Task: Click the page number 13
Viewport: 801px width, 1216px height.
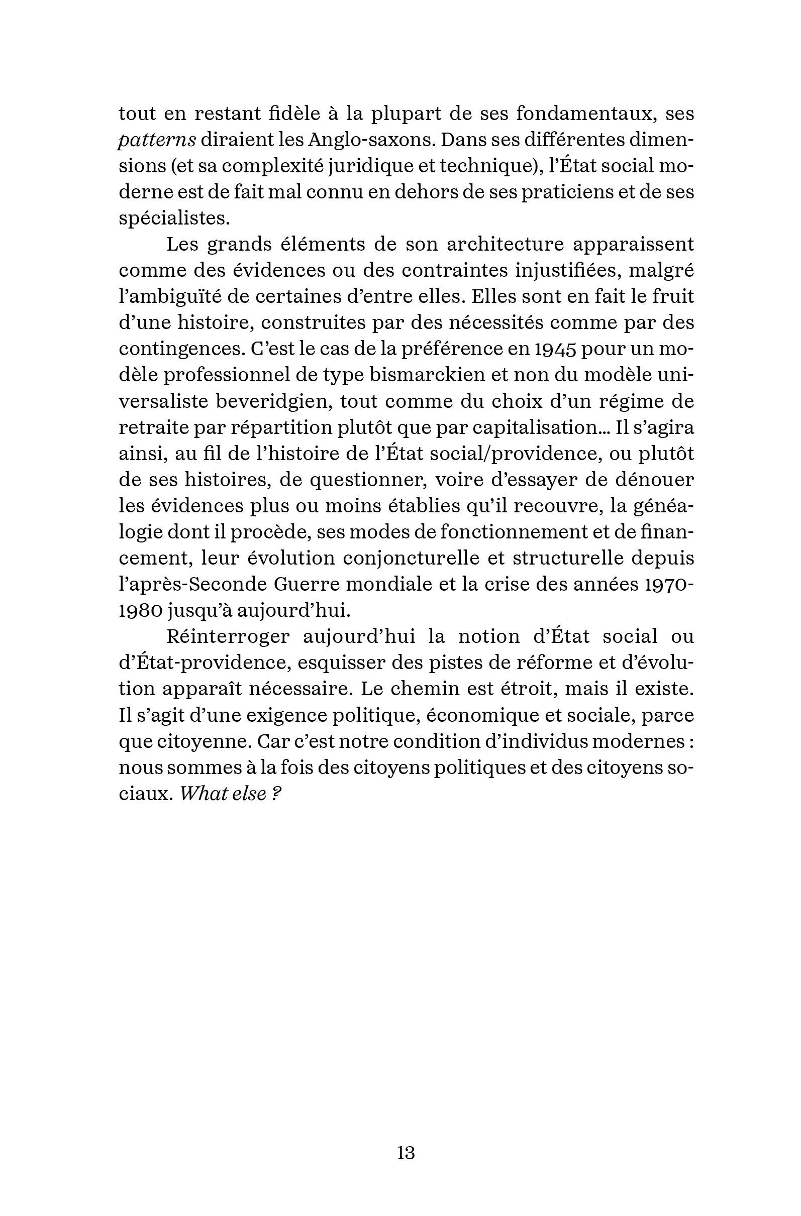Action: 406,1153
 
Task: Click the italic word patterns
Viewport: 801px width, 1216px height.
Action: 157,140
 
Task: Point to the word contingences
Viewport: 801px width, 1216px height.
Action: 180,349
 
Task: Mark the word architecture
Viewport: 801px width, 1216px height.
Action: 505,244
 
